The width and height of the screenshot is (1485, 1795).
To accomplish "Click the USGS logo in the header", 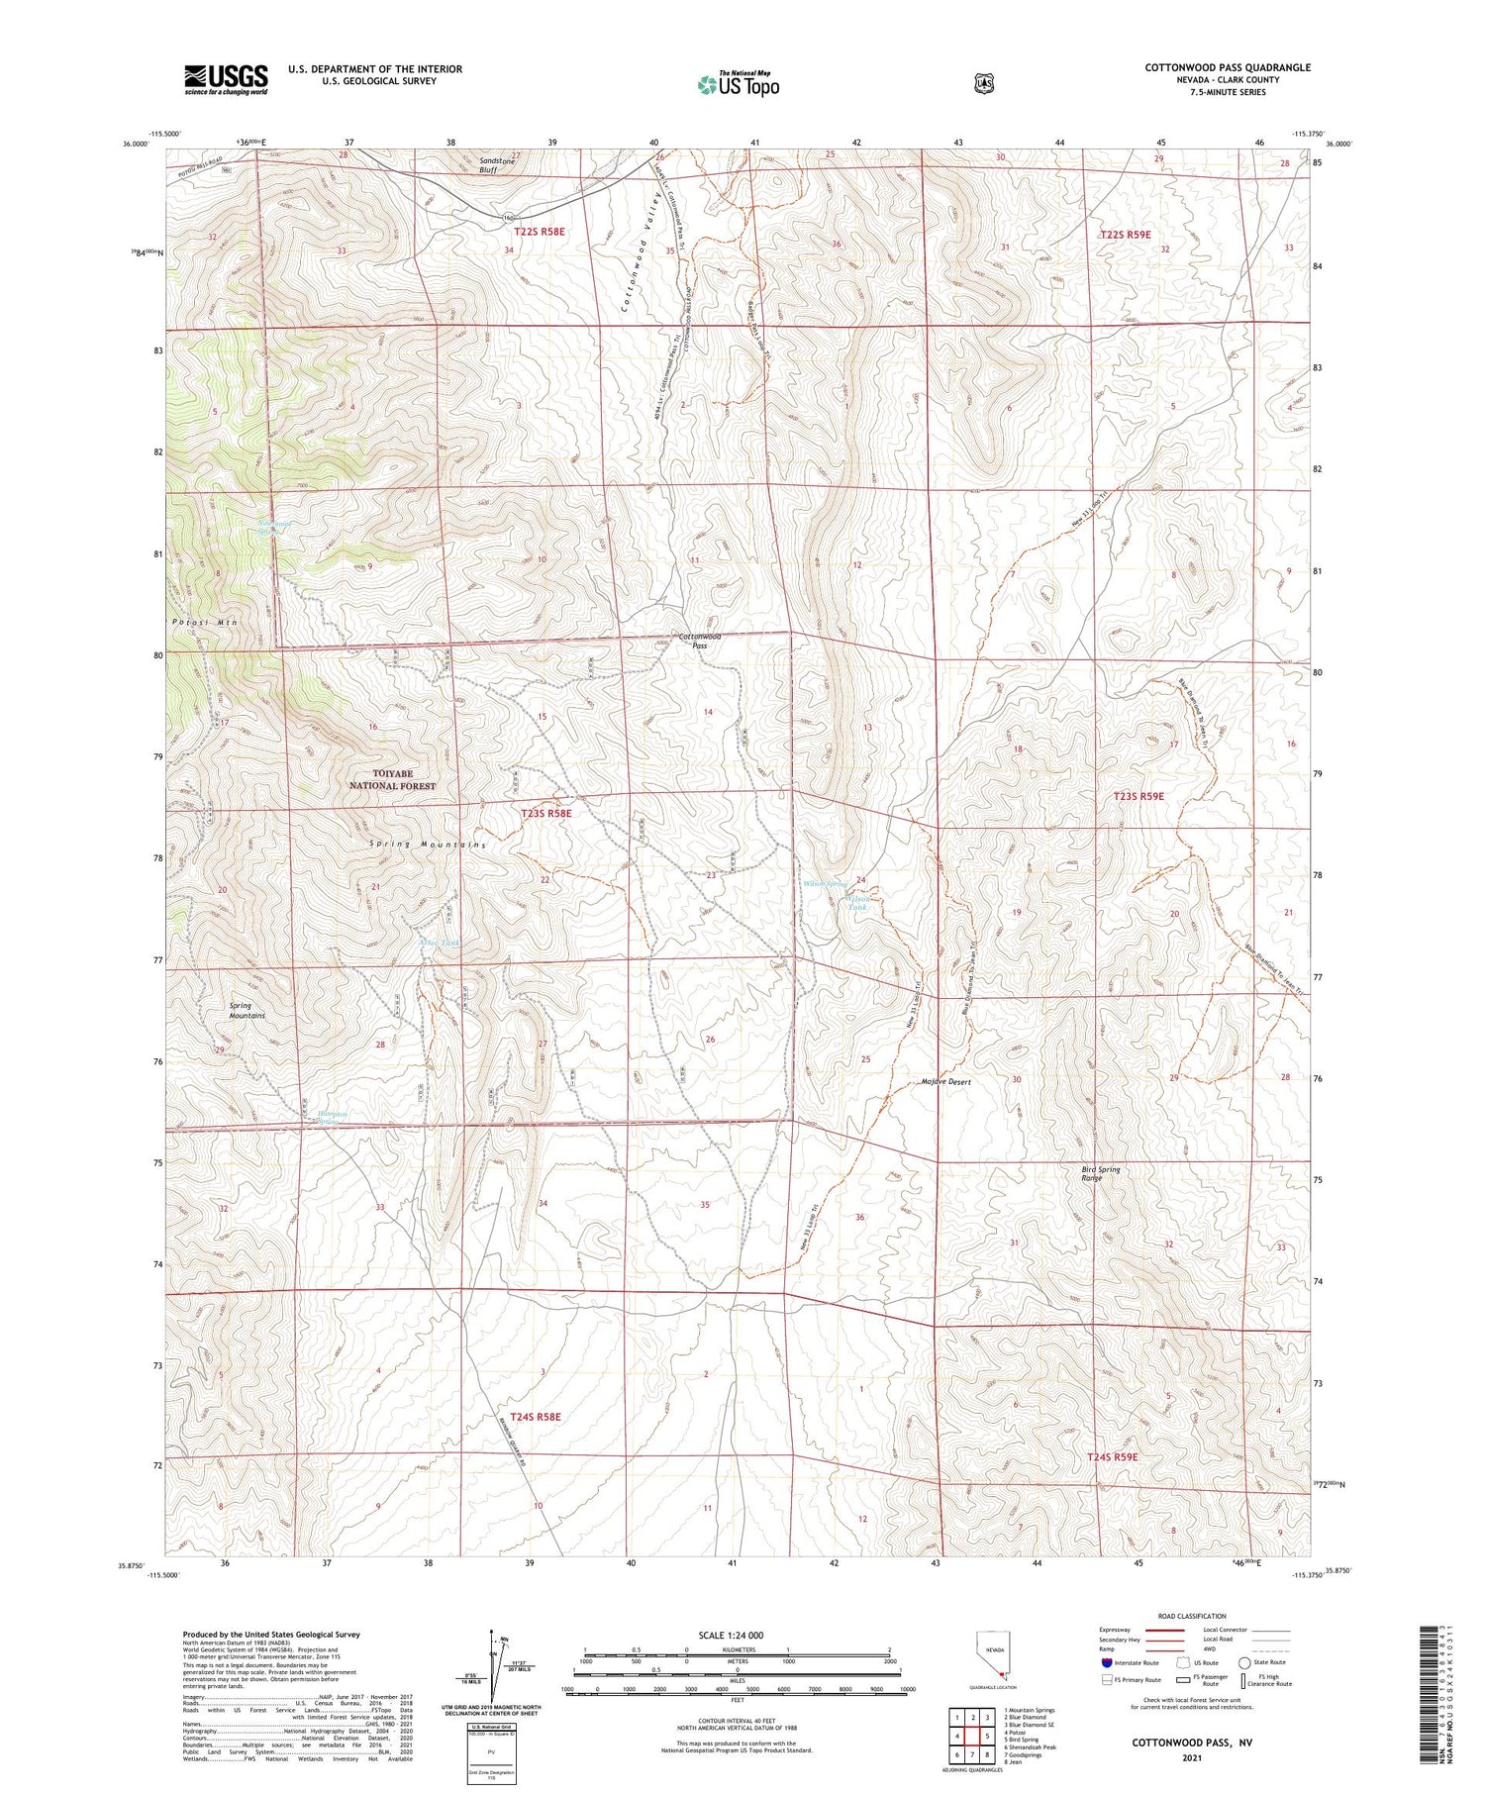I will [226, 79].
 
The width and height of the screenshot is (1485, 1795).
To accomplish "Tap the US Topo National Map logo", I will [738, 84].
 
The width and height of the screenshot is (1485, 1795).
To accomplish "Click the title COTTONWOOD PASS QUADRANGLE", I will [1227, 67].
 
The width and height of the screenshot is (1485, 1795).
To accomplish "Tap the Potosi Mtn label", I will [202, 622].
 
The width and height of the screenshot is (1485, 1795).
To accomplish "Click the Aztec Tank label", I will [439, 943].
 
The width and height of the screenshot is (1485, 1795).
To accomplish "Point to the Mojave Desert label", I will [945, 1082].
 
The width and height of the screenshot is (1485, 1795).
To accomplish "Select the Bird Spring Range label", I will [1100, 1173].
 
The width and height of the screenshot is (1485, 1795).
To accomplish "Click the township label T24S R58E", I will [536, 1417].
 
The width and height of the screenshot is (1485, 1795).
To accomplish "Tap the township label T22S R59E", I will [1126, 235].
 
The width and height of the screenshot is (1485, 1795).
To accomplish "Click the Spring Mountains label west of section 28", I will [247, 1010].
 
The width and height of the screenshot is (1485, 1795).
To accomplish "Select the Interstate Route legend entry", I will [1130, 1662].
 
